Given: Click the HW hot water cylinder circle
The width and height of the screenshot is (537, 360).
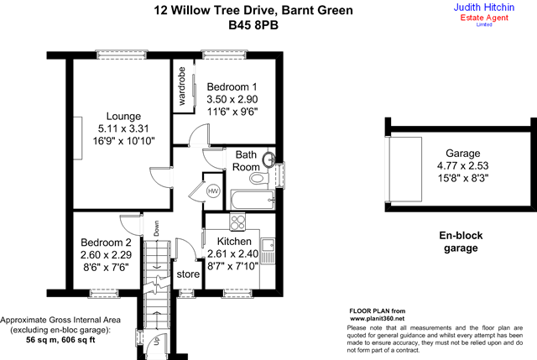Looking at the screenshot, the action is (x=213, y=191).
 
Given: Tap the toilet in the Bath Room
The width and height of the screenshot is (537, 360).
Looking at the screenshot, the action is (x=259, y=178).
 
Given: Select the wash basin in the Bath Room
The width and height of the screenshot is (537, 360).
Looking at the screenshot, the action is (x=268, y=159).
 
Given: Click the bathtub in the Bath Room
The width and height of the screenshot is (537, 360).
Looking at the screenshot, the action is (x=253, y=200).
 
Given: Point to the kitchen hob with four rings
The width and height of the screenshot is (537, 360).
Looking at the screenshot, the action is (x=237, y=222).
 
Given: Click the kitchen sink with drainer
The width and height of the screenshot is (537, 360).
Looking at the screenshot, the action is (x=268, y=251).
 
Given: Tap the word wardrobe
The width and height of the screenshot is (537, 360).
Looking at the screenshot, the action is (x=181, y=86).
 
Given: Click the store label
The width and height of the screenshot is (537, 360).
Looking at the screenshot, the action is (x=188, y=274).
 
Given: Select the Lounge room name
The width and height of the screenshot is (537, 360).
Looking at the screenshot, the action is (x=123, y=116).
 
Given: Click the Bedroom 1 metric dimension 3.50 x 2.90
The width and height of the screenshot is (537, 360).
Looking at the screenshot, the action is (x=232, y=99).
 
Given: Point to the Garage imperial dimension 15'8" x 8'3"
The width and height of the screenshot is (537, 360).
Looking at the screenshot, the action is (x=463, y=178).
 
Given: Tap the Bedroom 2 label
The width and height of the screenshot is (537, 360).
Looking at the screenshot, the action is (x=106, y=243).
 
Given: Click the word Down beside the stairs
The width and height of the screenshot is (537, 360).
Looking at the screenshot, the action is (x=157, y=228).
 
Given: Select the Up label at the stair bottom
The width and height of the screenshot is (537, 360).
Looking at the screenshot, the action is (x=157, y=341).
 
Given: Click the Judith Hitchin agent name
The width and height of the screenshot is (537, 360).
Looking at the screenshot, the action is (x=484, y=8).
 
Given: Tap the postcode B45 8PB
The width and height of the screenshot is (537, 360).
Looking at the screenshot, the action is (x=253, y=25).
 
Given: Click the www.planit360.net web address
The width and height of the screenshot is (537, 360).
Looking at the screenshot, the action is (x=377, y=319).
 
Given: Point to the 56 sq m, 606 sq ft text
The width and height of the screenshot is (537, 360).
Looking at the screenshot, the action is (x=60, y=340).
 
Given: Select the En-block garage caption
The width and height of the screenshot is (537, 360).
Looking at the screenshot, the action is (x=461, y=242).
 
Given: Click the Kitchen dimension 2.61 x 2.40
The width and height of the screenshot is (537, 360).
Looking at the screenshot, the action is (x=233, y=253).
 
